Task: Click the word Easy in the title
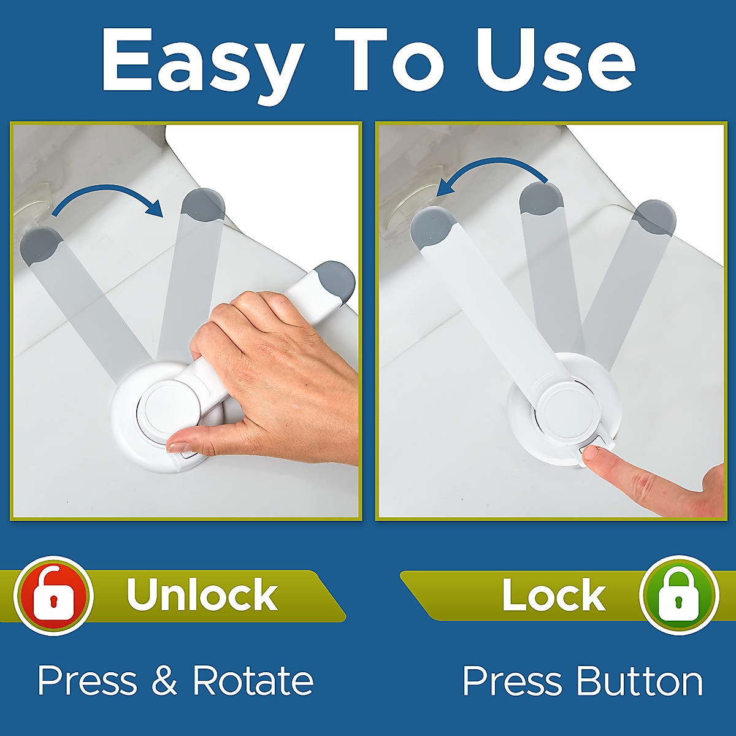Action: pos(202,61)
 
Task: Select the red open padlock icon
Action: pos(54,595)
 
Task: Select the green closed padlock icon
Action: pos(678,595)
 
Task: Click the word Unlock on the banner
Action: pos(202,594)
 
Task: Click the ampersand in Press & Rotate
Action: pos(164,681)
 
